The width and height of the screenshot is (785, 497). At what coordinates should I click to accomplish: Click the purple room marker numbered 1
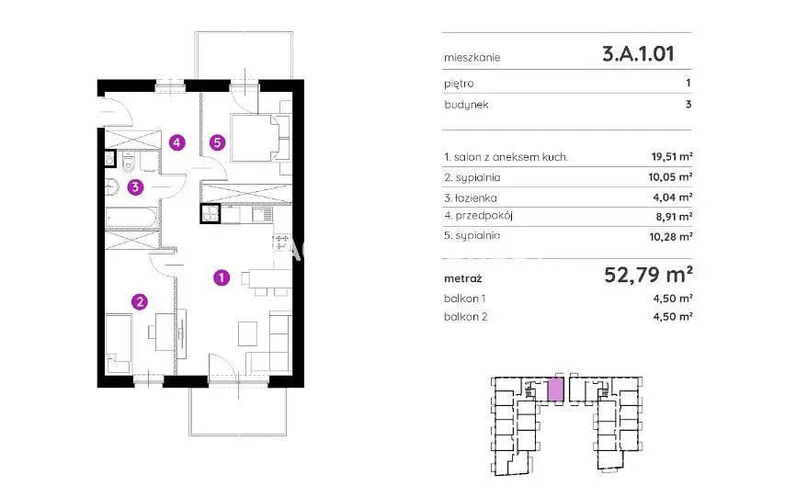tap(222, 277)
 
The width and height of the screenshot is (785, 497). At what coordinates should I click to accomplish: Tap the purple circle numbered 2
tap(140, 301)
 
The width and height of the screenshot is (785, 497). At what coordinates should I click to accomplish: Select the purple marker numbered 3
tap(135, 187)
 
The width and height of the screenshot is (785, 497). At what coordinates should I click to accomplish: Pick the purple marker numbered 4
tap(176, 142)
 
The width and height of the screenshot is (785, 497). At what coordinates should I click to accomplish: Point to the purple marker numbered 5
tap(217, 142)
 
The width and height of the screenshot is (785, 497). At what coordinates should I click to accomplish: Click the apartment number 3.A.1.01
tap(638, 53)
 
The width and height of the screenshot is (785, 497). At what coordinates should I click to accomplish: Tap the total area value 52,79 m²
tap(648, 275)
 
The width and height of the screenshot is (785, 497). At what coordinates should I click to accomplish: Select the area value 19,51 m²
tap(672, 157)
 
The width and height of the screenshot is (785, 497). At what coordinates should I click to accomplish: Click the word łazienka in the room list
tap(475, 198)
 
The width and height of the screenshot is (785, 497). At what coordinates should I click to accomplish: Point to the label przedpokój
tap(484, 216)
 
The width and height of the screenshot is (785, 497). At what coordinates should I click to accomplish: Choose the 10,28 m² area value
tap(671, 236)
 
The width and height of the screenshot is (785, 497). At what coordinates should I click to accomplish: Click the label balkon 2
tap(466, 316)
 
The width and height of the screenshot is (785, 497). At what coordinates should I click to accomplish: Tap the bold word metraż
tap(463, 278)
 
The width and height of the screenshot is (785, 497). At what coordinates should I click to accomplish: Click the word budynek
tap(466, 105)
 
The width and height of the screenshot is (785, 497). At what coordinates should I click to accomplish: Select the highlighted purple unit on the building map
tap(554, 390)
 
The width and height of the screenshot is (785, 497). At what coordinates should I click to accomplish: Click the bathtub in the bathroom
tap(131, 218)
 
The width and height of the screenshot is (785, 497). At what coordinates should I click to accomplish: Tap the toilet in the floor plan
tap(128, 163)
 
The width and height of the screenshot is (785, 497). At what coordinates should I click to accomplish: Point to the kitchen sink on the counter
tap(262, 215)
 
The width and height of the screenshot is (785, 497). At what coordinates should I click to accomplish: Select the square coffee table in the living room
tap(247, 333)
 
